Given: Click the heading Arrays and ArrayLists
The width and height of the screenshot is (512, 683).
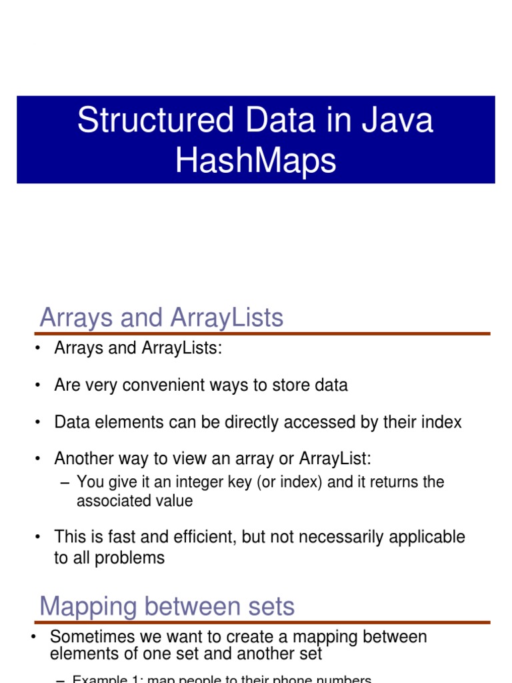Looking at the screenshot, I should [161, 317].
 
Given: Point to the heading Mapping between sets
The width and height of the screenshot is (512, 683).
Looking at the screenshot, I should [167, 606].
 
